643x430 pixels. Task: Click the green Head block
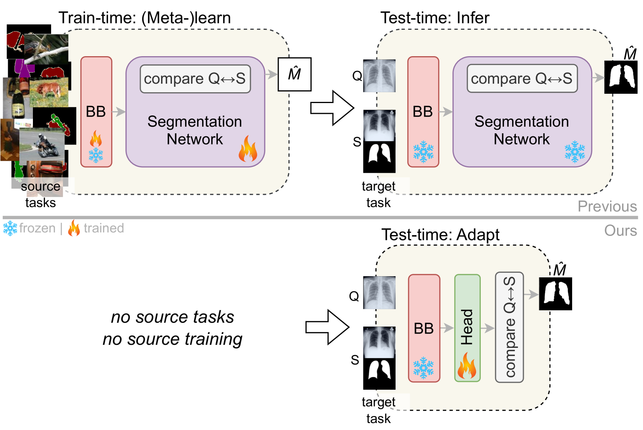[467, 328]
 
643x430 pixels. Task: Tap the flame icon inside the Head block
[467, 366]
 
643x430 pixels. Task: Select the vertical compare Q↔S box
[509, 327]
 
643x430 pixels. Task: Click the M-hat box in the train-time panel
[295, 74]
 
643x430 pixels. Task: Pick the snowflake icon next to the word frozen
[10, 228]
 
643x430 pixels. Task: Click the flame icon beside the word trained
[74, 228]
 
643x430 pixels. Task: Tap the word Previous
[607, 206]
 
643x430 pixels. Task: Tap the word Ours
[621, 230]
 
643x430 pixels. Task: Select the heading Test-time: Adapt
[440, 235]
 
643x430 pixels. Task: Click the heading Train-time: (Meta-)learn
[144, 18]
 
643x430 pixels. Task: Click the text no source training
[172, 339]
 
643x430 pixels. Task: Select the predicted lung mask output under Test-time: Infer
[621, 77]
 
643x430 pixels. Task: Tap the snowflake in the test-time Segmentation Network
[574, 151]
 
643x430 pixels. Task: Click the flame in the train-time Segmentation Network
[248, 149]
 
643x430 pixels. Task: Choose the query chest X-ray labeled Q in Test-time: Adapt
[379, 292]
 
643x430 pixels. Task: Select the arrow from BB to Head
[447, 328]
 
